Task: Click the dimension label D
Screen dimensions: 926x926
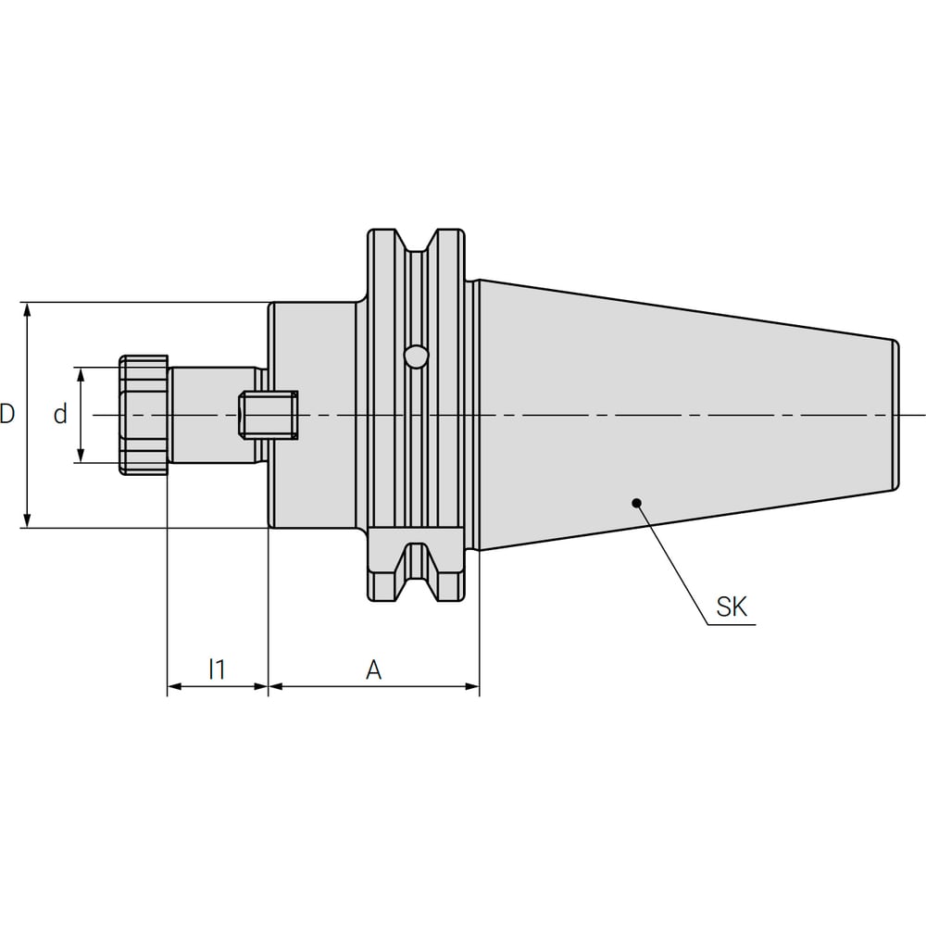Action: [x=7, y=414]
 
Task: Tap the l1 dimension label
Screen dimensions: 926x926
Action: [x=218, y=669]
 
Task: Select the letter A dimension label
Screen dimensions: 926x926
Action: [x=373, y=669]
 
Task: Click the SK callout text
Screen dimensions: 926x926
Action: [x=732, y=607]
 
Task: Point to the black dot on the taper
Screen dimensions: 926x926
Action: [x=636, y=503]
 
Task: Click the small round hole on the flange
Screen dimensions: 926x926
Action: [x=417, y=357]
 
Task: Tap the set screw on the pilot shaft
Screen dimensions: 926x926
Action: [x=269, y=415]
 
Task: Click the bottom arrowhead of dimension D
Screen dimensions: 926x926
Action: [x=27, y=519]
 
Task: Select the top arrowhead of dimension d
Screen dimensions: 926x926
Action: [x=81, y=375]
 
